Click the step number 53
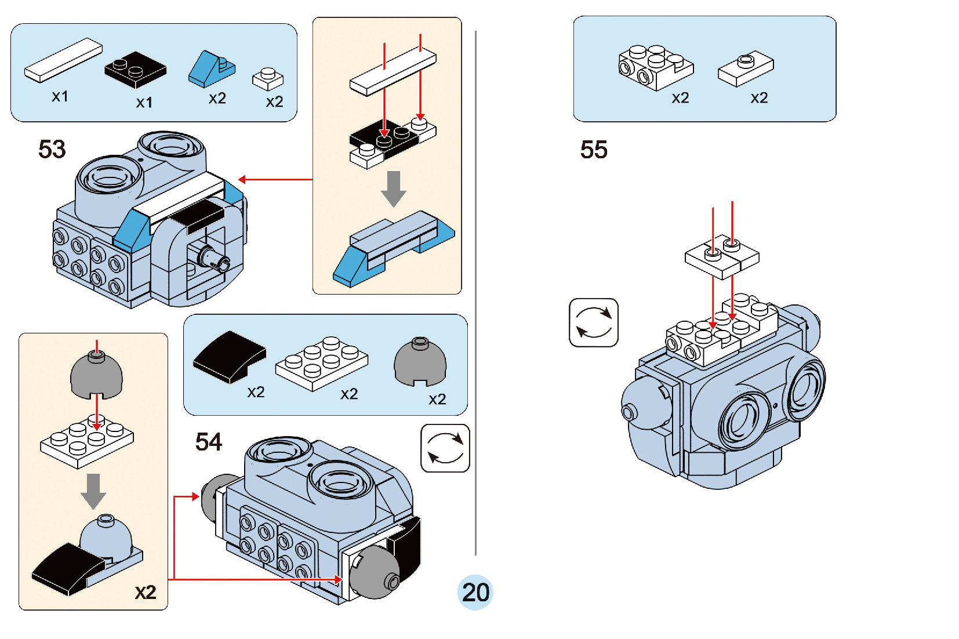click(52, 150)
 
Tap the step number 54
click(209, 442)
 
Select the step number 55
click(594, 150)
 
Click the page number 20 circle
click(475, 592)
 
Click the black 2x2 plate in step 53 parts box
click(135, 69)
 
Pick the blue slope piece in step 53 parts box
click(212, 69)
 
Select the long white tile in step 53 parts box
click(63, 60)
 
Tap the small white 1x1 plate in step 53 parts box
click(268, 78)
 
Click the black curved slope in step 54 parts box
click(230, 356)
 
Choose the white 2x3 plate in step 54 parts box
click(322, 363)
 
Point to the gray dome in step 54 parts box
click(420, 362)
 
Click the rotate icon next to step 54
click(445, 448)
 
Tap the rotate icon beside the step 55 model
click(594, 322)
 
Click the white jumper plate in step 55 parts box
click(746, 68)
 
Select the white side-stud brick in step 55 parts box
click(655, 67)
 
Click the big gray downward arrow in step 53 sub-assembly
click(394, 188)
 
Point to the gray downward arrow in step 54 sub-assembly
click(93, 491)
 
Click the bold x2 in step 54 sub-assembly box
click(146, 592)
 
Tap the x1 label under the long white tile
click(60, 96)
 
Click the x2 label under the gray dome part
click(437, 399)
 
